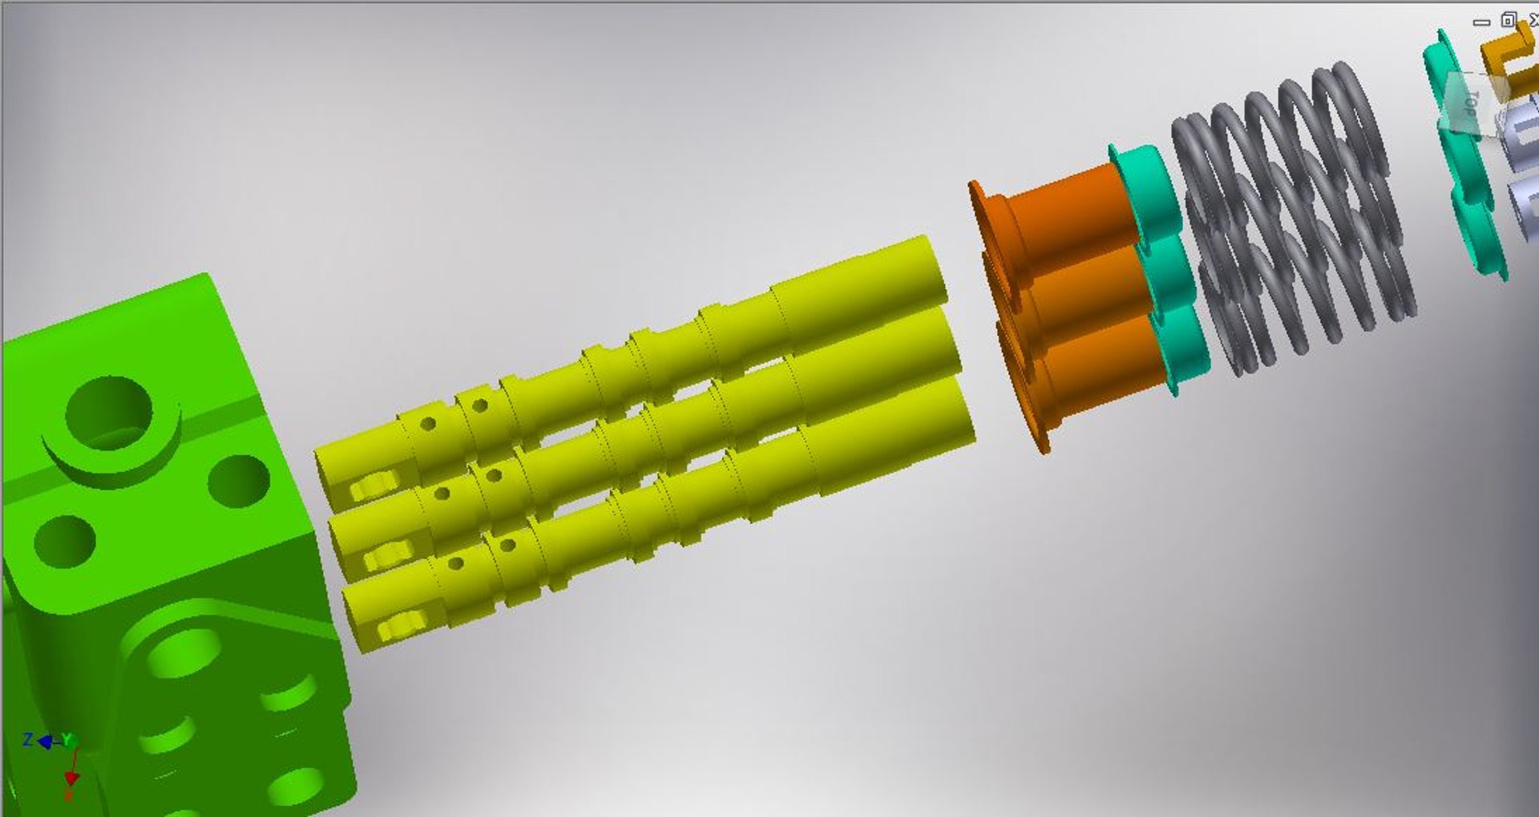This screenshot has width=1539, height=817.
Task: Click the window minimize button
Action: [x=1481, y=22]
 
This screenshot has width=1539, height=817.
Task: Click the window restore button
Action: [x=1509, y=21]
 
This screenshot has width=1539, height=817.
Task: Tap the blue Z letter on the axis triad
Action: [x=27, y=739]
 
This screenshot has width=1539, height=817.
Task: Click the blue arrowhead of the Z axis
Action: [x=45, y=743]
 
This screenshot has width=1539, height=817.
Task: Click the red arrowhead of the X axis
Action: [x=71, y=778]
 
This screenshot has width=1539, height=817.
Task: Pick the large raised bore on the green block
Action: [x=109, y=413]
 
